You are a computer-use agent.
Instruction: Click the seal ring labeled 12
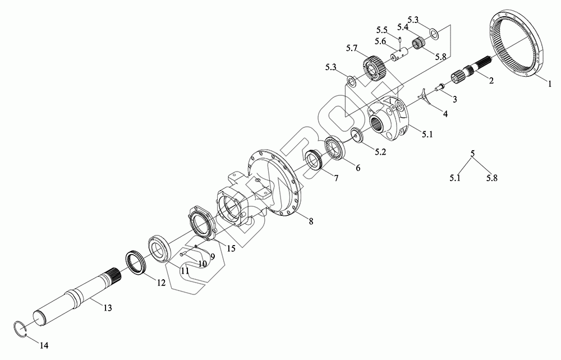click(x=136, y=261)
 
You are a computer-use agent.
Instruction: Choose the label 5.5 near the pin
click(x=382, y=29)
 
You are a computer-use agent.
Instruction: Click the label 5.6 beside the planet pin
click(x=380, y=41)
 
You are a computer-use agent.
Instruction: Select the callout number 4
click(x=445, y=114)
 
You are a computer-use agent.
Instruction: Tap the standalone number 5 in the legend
click(x=472, y=153)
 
